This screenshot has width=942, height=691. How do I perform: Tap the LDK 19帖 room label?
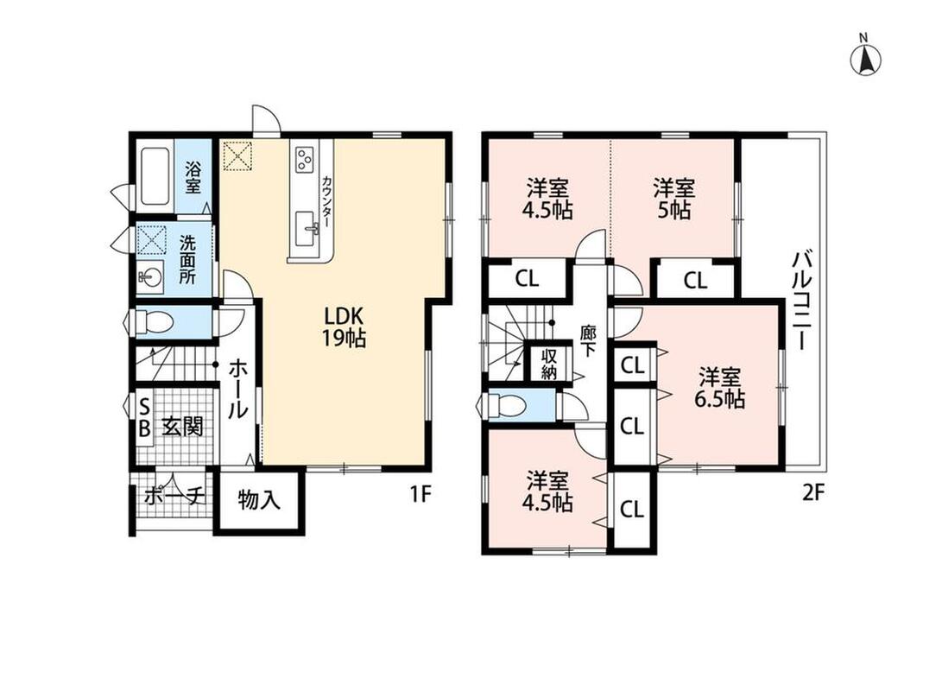tap(344, 326)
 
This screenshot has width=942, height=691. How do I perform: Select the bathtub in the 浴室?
tap(157, 177)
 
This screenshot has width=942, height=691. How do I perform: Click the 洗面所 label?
tap(188, 260)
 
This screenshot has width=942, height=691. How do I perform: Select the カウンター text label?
tap(326, 200)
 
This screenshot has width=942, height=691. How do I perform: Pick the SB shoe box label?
tap(144, 418)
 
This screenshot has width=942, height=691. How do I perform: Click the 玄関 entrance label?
tap(183, 427)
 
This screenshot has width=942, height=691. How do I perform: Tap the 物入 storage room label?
tap(259, 499)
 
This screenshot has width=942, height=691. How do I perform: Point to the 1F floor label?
tap(421, 494)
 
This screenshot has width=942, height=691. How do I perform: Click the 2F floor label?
tap(814, 493)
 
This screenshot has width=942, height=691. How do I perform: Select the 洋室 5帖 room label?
tap(674, 199)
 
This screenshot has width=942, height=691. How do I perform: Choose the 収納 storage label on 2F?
tap(549, 364)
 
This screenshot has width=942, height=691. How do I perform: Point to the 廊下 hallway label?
tap(587, 340)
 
